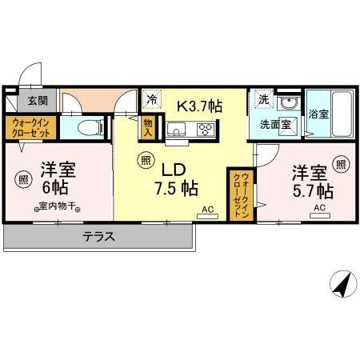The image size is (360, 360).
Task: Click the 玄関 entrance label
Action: pyautogui.click(x=37, y=101)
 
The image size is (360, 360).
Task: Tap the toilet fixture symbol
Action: pyautogui.click(x=90, y=128)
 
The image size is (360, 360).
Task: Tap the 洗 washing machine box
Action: pyautogui.click(x=263, y=101)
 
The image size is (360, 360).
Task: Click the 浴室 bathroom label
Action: pyautogui.click(x=318, y=114)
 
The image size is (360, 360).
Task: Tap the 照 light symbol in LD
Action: pyautogui.click(x=144, y=159)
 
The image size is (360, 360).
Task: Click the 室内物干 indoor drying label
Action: pyautogui.click(x=55, y=206)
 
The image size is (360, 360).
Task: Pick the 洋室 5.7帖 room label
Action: pyautogui.click(x=310, y=182)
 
